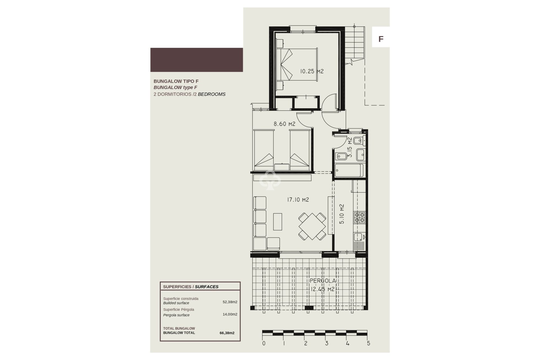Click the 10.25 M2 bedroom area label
point(312,71)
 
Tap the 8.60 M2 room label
point(284,124)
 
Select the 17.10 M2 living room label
point(298,200)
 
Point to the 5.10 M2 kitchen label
point(342,214)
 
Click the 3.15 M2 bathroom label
point(350,147)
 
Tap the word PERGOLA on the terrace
point(323,281)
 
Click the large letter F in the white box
point(381,39)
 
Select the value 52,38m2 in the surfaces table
point(230,302)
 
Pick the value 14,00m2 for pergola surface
point(230,314)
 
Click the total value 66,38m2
point(227,333)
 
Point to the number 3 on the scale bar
point(327,343)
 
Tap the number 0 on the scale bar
point(264,343)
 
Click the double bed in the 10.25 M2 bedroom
point(297,65)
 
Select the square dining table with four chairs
point(312,226)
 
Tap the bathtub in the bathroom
point(349,170)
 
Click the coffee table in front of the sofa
point(278,222)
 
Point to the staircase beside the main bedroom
point(355,45)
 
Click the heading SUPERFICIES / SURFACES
point(191,287)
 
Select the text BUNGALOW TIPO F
point(176,81)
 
